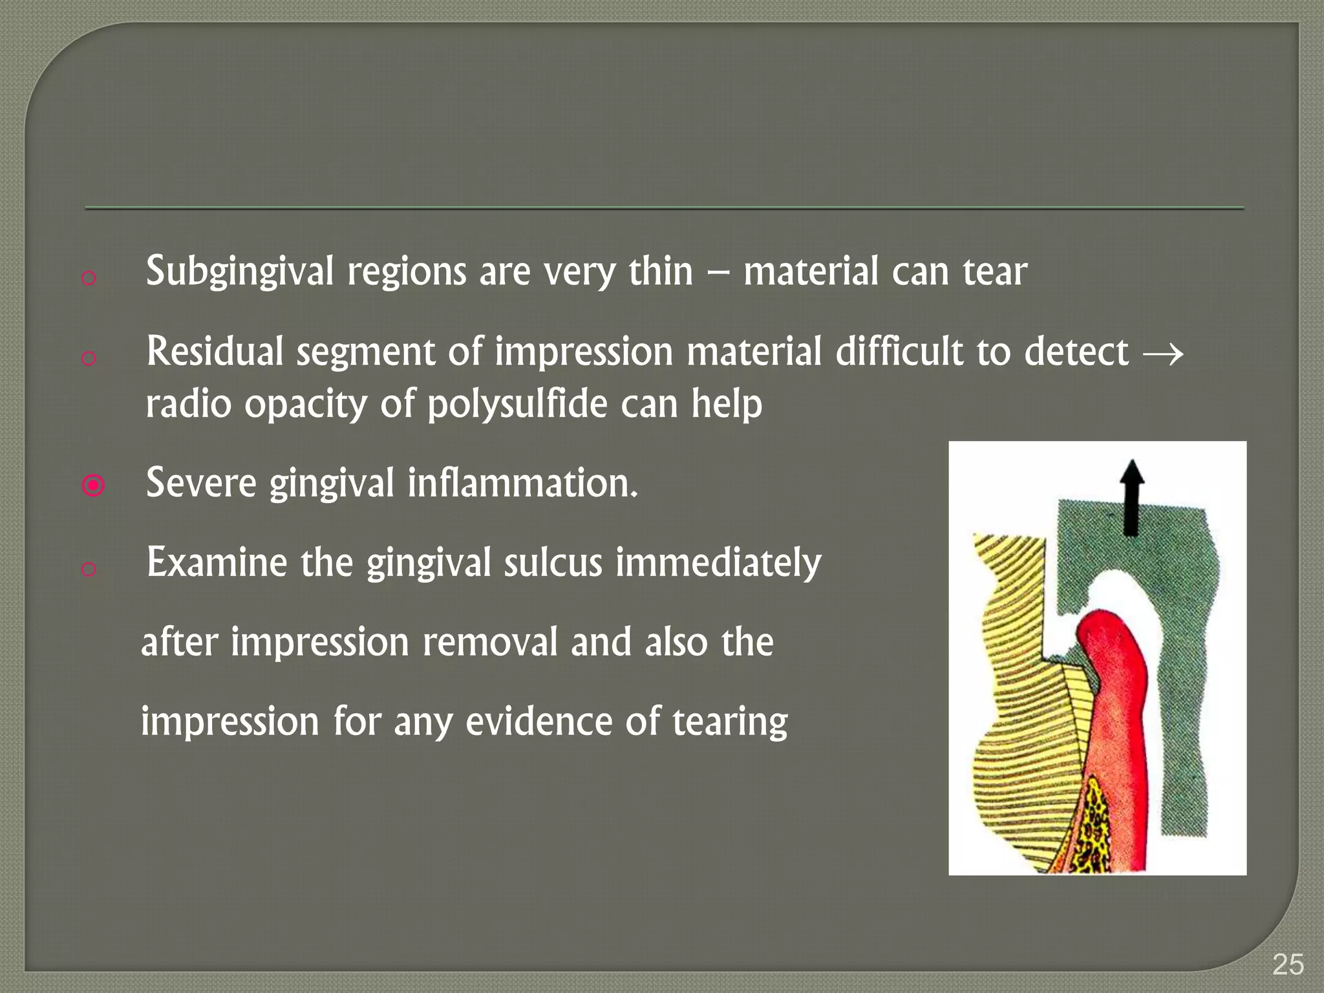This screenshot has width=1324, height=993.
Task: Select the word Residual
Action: [x=215, y=352]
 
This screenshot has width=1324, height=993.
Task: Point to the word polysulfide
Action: [x=517, y=405]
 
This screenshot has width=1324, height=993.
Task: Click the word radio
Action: [x=188, y=405]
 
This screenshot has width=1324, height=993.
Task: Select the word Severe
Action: [x=201, y=484]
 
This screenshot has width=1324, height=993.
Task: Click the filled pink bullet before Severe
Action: [x=94, y=485]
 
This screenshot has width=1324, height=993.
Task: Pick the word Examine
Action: [x=217, y=562]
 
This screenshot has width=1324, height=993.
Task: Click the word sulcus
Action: [x=553, y=562]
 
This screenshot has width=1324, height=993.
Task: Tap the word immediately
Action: [x=718, y=562]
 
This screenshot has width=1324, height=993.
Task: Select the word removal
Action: [x=489, y=643]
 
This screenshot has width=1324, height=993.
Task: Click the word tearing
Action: [x=730, y=722]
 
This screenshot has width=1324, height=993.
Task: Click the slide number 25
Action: [x=1288, y=965]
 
